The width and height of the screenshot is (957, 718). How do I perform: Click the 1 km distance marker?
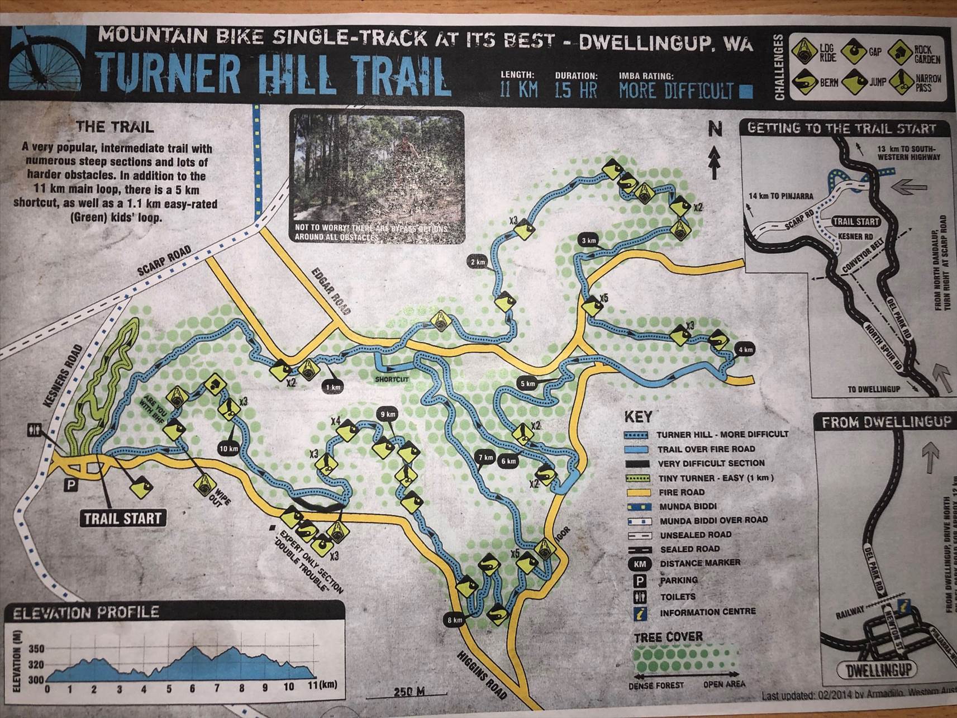click(333, 386)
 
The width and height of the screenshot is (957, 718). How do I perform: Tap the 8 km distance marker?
click(454, 620)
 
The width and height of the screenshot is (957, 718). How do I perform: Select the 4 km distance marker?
click(745, 350)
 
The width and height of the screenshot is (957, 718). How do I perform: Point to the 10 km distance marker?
click(228, 448)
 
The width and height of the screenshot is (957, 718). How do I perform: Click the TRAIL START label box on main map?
click(122, 518)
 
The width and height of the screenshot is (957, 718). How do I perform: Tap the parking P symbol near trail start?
click(71, 485)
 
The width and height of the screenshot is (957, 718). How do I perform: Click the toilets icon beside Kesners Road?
click(34, 430)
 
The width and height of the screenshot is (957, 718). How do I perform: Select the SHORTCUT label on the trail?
click(392, 379)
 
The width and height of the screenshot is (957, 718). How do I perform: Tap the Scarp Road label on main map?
click(164, 261)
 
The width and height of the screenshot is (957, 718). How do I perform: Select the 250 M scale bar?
click(410, 692)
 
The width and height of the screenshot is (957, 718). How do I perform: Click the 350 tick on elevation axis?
click(36, 649)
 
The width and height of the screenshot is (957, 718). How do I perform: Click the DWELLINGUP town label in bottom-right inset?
click(878, 669)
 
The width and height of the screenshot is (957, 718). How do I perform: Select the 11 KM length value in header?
click(518, 89)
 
